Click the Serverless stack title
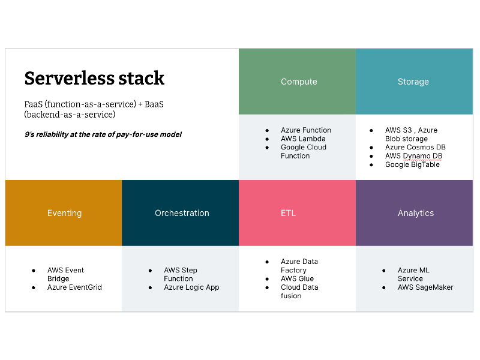(94, 78)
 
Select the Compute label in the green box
(299, 82)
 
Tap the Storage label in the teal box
(413, 82)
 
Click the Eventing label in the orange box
(64, 213)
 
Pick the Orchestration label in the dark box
(182, 213)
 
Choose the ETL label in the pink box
(288, 213)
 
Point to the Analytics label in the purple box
(415, 213)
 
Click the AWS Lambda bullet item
(303, 139)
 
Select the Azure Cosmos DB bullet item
(415, 147)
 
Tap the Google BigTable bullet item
(412, 164)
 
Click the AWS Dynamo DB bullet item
(413, 156)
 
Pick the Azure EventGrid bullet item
(74, 287)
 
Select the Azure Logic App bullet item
(191, 287)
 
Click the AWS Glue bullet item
(297, 278)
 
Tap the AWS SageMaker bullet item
(425, 287)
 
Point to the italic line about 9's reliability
(103, 134)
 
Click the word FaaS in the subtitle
(33, 104)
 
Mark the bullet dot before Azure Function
(268, 130)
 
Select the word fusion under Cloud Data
(291, 296)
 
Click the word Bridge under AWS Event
(58, 279)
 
